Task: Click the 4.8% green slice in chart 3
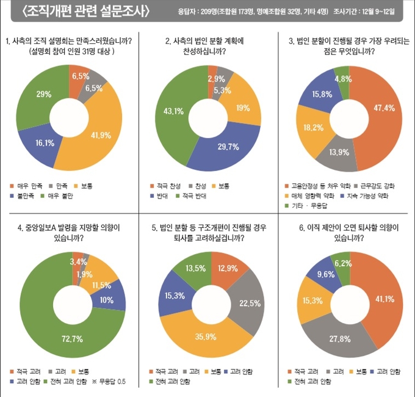(342, 79)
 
